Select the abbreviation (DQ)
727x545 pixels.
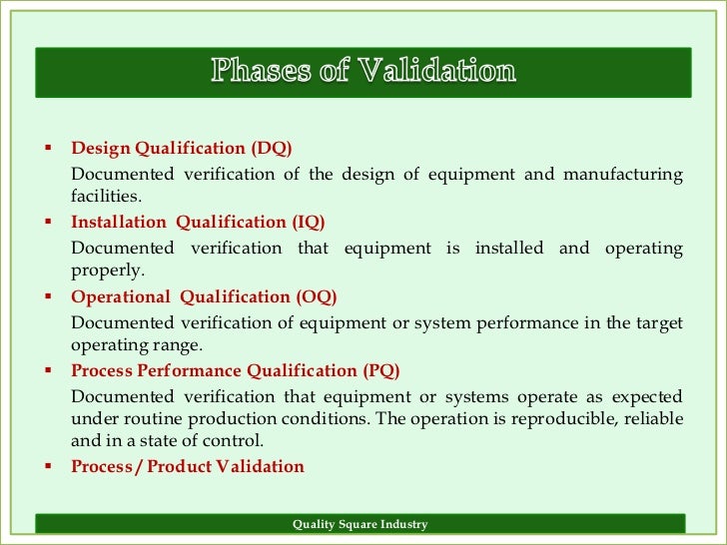[272, 148]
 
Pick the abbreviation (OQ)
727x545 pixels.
[317, 296]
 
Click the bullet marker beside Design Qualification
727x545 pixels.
[47, 148]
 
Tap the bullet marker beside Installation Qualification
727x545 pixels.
[47, 222]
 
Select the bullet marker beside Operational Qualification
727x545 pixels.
[47, 296]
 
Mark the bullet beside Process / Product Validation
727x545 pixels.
[47, 465]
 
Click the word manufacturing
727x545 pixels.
[623, 175]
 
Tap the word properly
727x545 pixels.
[108, 271]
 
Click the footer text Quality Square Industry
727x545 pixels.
[360, 524]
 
